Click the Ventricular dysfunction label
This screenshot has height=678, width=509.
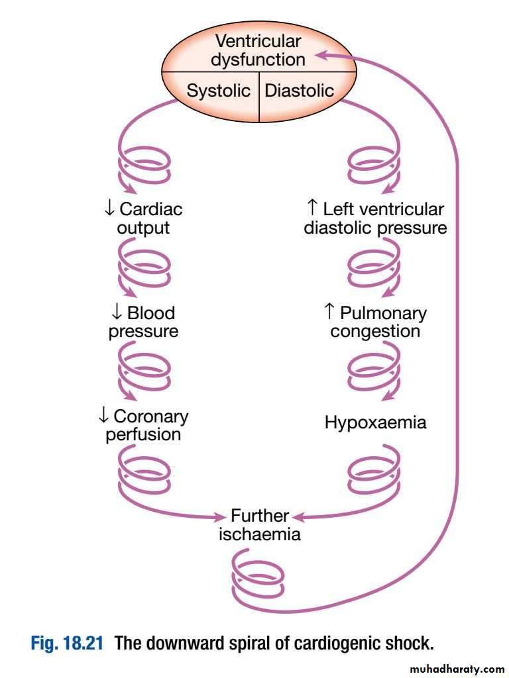coord(258,50)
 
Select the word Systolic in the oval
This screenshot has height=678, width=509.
coord(218,91)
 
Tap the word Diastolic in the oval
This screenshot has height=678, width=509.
coord(299,91)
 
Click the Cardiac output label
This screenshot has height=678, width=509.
coord(143,219)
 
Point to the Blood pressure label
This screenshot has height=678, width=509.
coord(143,322)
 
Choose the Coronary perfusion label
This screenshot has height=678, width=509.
coord(143,425)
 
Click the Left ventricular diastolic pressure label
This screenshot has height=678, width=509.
coord(375,219)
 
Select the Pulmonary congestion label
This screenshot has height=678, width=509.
coord(375,322)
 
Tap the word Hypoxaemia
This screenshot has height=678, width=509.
coord(375,422)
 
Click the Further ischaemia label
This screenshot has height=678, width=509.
coord(259,525)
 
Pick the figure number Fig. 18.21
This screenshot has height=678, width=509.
coord(67,643)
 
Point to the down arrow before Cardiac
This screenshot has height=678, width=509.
coord(109,209)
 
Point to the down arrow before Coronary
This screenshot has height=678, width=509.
coord(103,416)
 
